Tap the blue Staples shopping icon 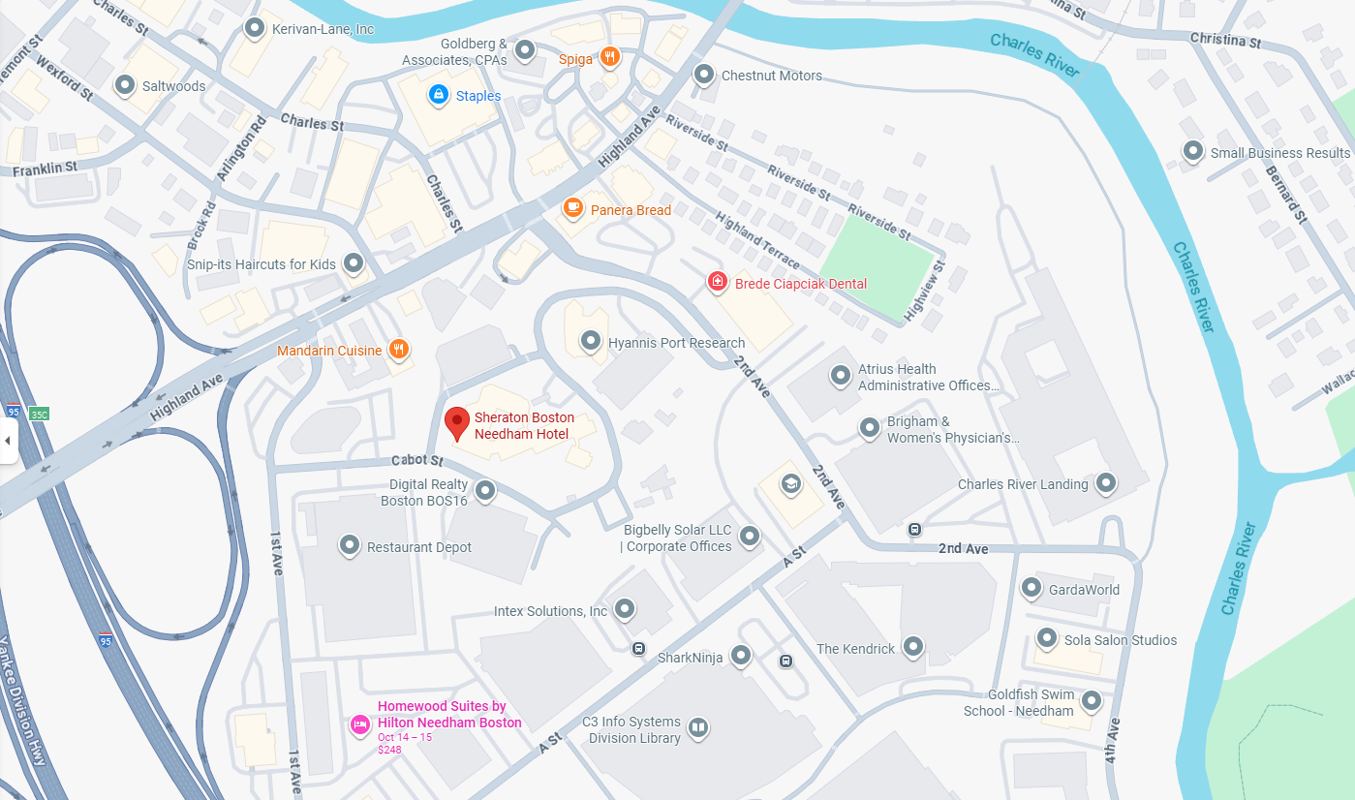439,95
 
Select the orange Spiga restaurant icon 609,57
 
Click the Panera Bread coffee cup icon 573,208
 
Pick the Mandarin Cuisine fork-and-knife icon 398,350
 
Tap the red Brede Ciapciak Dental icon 718,282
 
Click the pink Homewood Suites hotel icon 359,723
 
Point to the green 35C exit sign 39,414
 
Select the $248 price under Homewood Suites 389,750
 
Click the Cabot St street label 417,460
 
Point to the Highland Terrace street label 757,241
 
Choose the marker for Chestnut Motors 705,74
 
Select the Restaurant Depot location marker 350,545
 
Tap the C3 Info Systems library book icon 697,727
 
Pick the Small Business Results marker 1193,151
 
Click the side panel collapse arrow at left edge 8,441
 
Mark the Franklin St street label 46,169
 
